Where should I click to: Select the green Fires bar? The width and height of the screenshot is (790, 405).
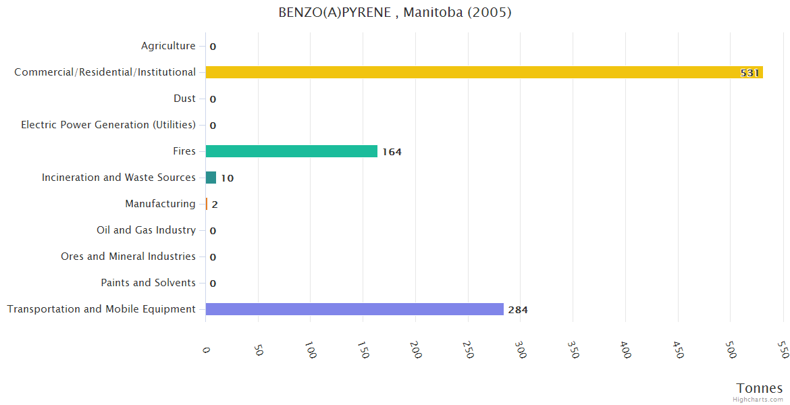click(291, 151)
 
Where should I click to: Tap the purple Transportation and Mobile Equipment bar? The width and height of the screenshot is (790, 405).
click(354, 309)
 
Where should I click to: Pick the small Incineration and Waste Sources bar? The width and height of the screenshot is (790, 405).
click(211, 178)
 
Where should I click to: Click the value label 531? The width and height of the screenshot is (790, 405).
click(749, 73)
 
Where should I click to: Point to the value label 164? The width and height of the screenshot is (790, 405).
click(392, 152)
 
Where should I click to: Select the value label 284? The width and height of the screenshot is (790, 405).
click(518, 310)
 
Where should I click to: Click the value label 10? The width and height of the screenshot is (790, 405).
click(227, 178)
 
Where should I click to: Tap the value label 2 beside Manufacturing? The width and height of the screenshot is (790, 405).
click(215, 205)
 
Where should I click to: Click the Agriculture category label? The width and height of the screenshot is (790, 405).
click(168, 46)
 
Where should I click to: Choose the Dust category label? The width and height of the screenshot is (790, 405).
click(184, 99)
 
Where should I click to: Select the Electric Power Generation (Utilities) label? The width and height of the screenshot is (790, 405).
click(108, 125)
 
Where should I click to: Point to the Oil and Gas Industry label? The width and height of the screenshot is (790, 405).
click(146, 230)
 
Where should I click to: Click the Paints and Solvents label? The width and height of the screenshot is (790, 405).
click(148, 283)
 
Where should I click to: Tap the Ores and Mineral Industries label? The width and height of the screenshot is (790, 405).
click(128, 256)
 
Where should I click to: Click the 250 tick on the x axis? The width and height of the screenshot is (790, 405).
click(468, 349)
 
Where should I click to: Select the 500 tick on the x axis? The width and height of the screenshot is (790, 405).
click(730, 349)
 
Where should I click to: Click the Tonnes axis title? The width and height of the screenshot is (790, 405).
click(759, 388)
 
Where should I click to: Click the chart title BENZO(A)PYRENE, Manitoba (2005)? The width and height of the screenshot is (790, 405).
click(395, 13)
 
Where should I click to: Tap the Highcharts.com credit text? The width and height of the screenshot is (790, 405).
click(758, 400)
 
